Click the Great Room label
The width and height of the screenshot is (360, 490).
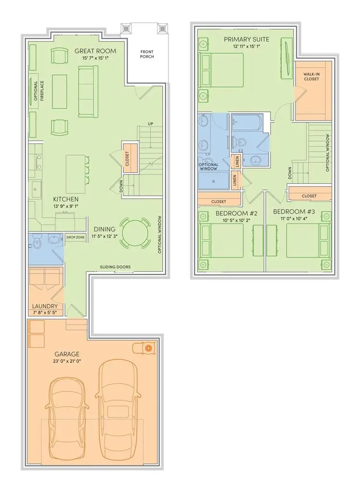pos(95,51)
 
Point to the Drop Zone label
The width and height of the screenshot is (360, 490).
pos(75,237)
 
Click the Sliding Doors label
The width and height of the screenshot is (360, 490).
pos(115,267)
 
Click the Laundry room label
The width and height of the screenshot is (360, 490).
pos(45,306)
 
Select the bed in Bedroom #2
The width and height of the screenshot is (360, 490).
pos(222,240)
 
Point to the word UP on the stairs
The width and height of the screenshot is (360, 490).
pos(150,124)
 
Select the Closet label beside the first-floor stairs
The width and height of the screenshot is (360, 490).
pos(127,158)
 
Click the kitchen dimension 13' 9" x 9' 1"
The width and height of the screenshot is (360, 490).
pos(66,207)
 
